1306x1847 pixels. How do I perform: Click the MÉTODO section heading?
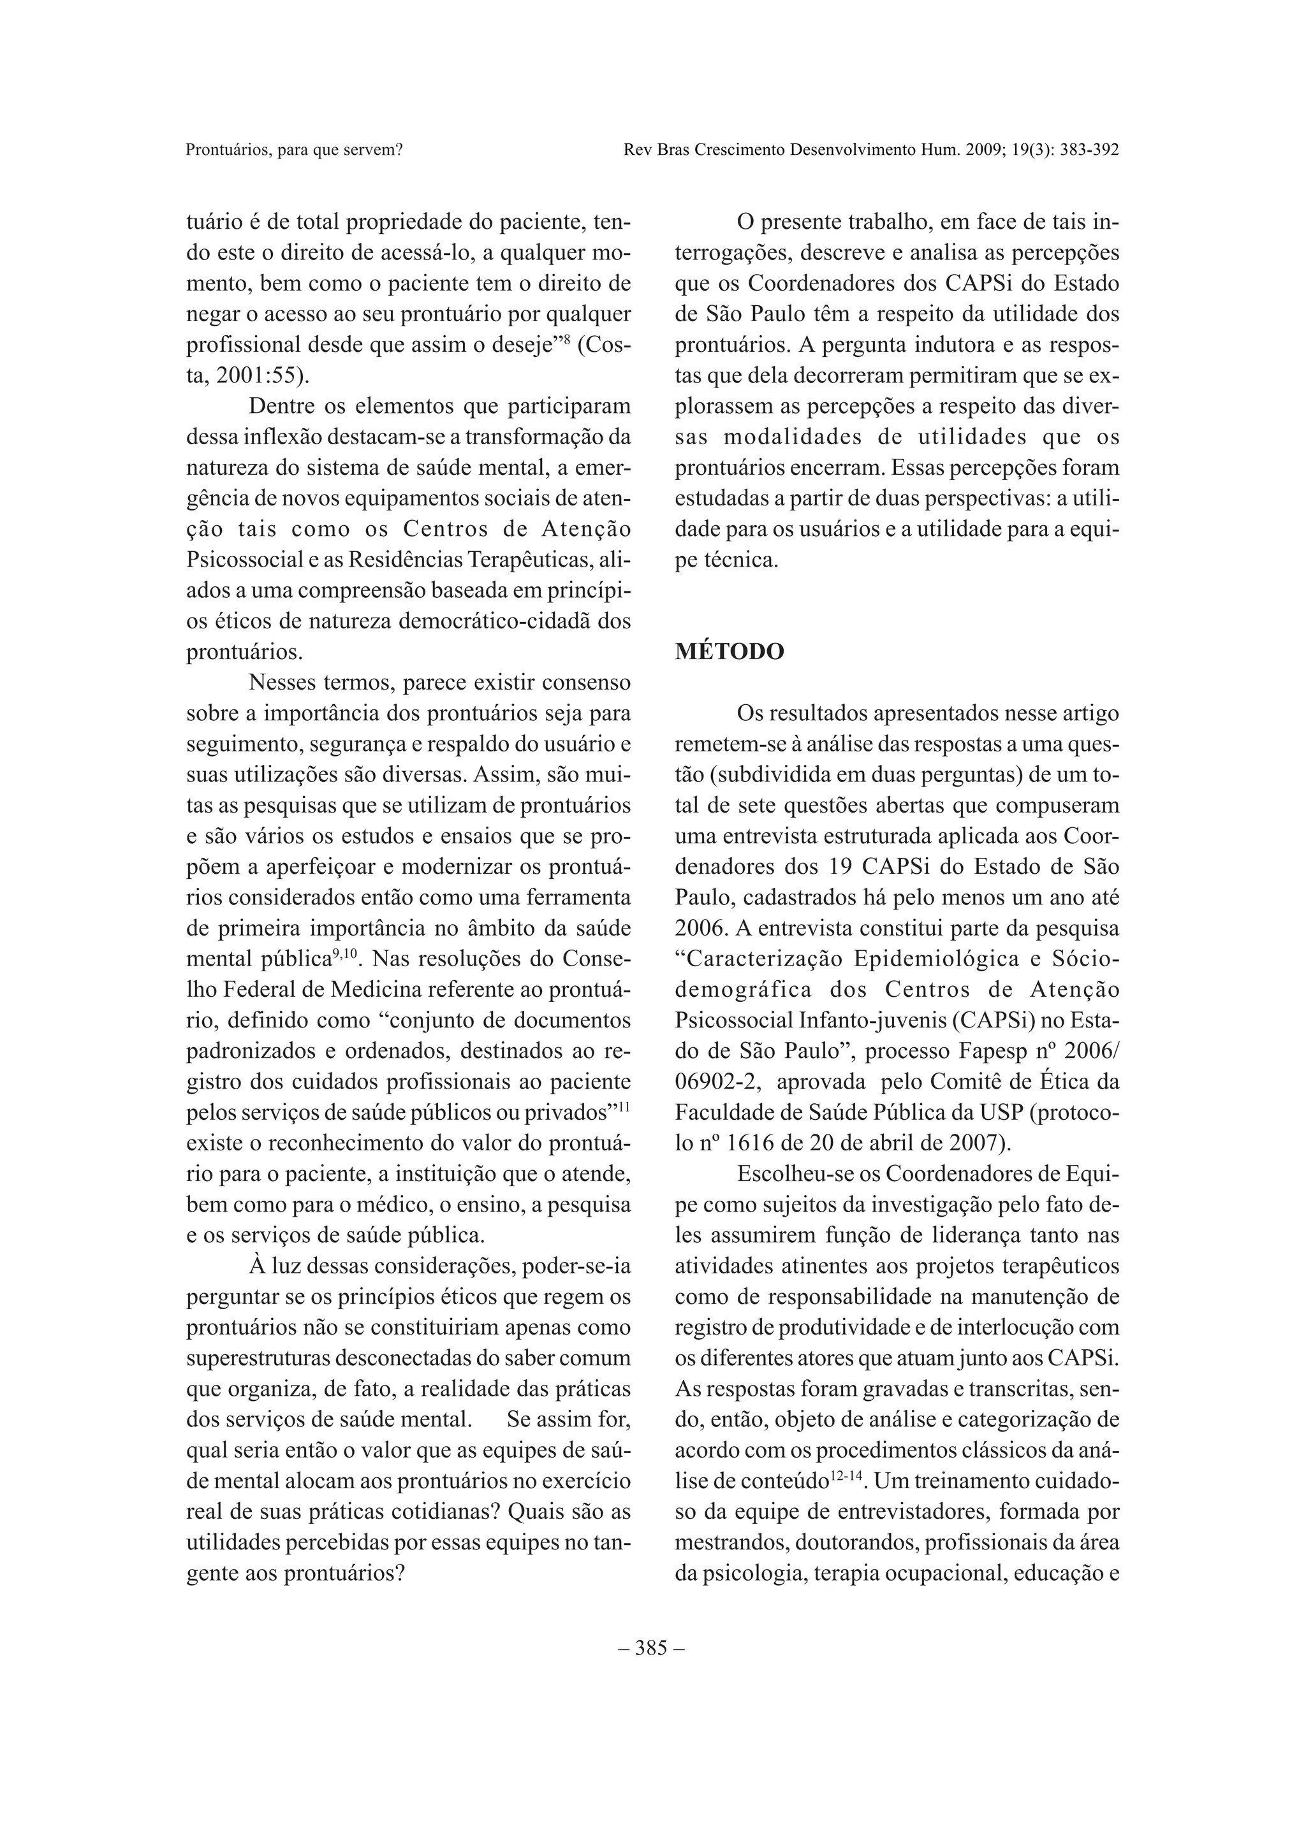(x=729, y=651)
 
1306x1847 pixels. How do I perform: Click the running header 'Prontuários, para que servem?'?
(x=294, y=150)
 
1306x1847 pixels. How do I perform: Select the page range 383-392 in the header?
(x=1085, y=150)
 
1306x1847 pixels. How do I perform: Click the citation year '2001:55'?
(x=249, y=375)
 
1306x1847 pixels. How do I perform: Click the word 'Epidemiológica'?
(x=926, y=959)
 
